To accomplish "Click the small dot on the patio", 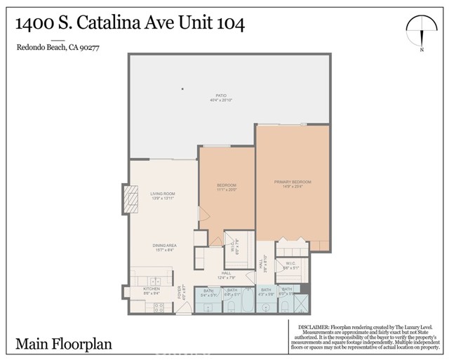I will pyautogui.click(x=182, y=88).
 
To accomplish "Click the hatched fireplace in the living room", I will pyautogui.click(x=128, y=199).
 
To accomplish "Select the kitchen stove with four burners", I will pyautogui.click(x=158, y=307).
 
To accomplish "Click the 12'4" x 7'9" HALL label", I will pyautogui.click(x=226, y=275).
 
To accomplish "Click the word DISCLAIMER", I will pyautogui.click(x=319, y=326).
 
